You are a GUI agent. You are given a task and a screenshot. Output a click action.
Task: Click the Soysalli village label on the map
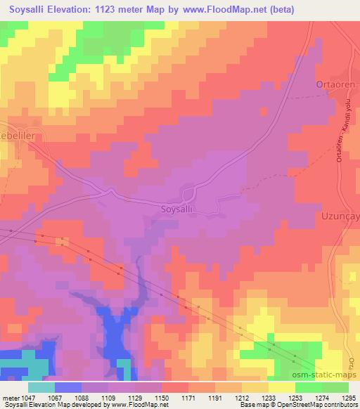(182, 209)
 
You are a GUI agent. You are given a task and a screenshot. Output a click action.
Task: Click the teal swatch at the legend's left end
(41, 387)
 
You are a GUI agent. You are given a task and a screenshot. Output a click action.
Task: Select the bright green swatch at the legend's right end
(334, 387)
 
